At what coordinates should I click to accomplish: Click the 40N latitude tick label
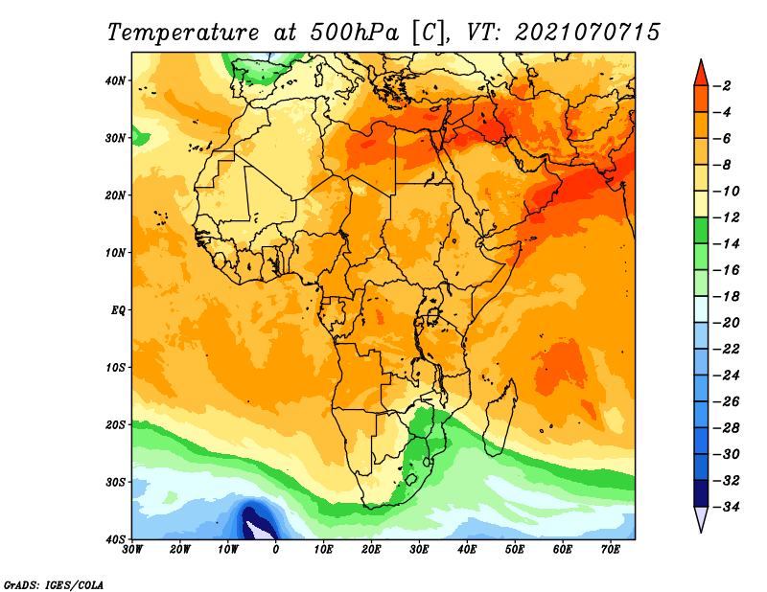(115, 80)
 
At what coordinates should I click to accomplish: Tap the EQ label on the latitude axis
(118, 310)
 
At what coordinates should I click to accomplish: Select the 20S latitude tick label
(115, 424)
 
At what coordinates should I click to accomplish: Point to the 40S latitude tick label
(115, 539)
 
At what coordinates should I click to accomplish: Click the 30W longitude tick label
(132, 550)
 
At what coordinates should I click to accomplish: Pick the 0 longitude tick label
(276, 550)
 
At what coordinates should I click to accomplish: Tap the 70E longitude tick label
(611, 550)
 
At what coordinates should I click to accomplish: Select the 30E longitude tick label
(419, 550)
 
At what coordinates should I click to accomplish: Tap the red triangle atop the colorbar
(701, 74)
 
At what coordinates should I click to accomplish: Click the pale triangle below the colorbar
(701, 518)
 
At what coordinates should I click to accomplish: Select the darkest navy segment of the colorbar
(701, 493)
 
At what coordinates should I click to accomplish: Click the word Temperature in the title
(183, 33)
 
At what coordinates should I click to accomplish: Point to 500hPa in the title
(354, 33)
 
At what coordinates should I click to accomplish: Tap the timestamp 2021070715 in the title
(588, 33)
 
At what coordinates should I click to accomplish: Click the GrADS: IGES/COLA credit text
(54, 585)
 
